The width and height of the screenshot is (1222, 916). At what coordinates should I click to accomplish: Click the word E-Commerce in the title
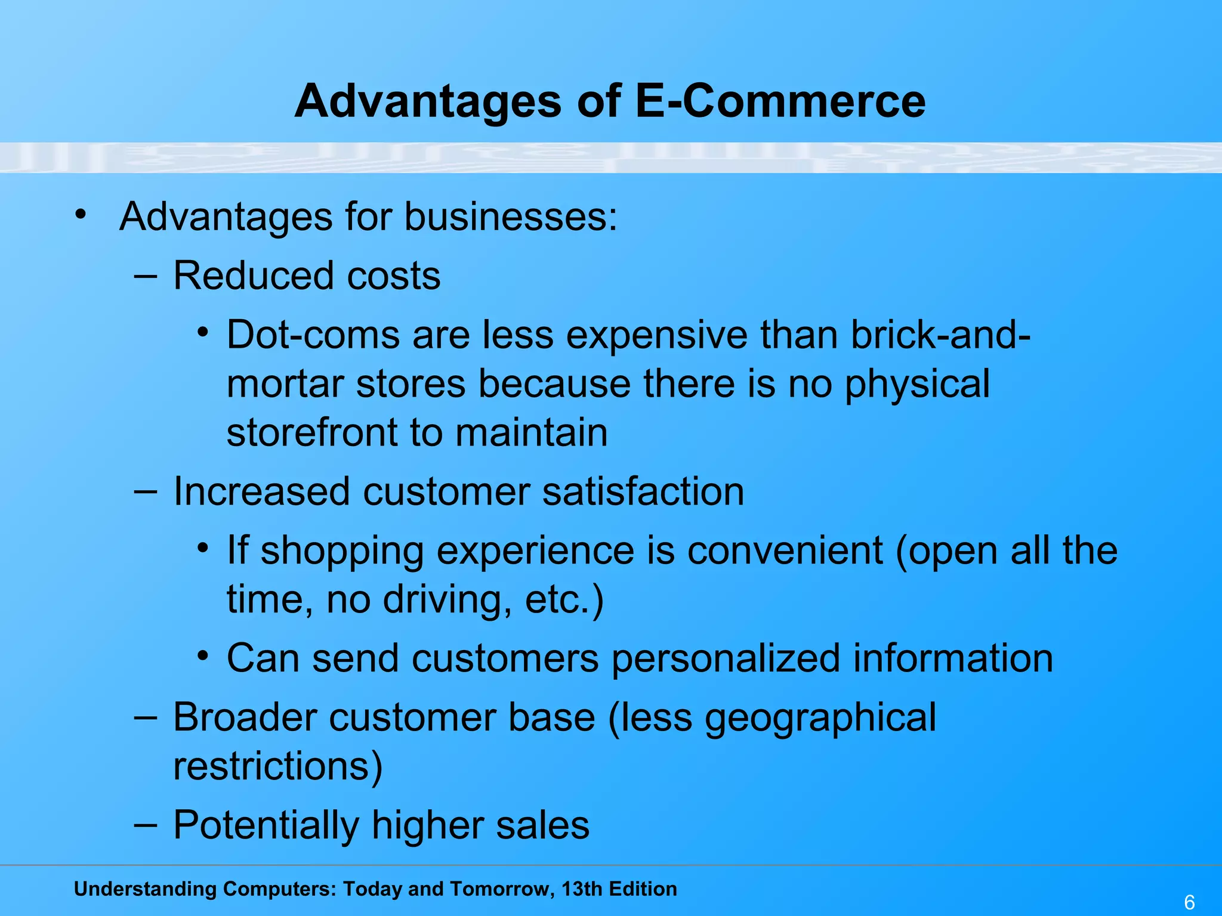click(780, 101)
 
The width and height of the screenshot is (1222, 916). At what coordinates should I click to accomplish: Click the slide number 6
click(1189, 902)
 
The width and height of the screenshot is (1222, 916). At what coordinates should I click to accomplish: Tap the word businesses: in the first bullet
click(511, 216)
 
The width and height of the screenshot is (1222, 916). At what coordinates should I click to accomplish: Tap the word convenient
click(785, 550)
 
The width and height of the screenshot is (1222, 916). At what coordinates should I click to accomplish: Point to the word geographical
click(820, 718)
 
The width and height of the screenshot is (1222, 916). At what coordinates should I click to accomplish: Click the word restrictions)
click(277, 766)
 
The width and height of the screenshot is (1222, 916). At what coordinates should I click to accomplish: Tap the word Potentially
click(266, 826)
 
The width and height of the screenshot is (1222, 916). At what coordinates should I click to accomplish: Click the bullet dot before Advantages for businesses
click(81, 213)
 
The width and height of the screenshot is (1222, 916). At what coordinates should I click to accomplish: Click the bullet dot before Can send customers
click(203, 657)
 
